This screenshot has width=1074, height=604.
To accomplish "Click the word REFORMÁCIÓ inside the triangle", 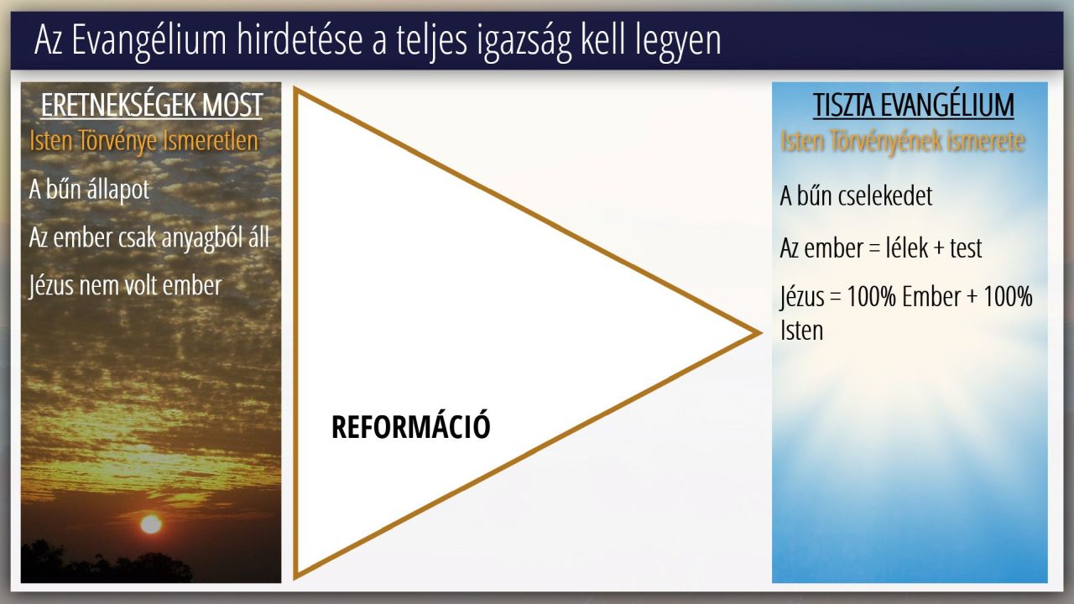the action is (411, 427).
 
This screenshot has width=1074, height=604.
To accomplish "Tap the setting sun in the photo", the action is (151, 524).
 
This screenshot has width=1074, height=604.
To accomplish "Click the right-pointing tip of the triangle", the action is (760, 333).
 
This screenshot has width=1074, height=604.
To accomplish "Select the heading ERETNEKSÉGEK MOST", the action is (152, 105).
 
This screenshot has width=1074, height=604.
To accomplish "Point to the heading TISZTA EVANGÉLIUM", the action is (914, 105).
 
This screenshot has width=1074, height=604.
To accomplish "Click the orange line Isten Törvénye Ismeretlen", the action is (143, 142).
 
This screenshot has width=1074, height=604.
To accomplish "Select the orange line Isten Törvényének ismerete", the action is (902, 142).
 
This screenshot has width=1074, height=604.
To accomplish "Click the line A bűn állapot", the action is (89, 189).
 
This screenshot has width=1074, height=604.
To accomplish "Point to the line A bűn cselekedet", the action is (857, 195).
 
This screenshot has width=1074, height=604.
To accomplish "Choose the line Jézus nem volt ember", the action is (126, 286).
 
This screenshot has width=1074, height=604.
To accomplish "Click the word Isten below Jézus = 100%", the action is (801, 331).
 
